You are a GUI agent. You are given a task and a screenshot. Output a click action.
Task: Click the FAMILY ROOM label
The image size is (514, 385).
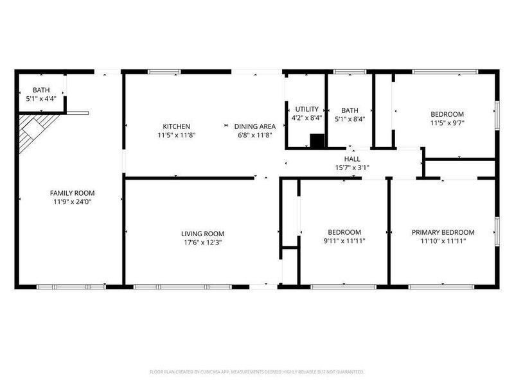[x=68, y=193]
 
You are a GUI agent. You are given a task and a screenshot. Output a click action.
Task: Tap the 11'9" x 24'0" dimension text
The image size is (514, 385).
[x=68, y=201]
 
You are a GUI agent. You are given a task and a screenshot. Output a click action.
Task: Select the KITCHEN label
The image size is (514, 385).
[x=176, y=126]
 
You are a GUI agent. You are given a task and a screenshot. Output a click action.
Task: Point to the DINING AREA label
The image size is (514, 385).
[x=255, y=126]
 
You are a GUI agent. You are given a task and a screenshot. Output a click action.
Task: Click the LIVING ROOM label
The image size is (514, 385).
[x=202, y=234]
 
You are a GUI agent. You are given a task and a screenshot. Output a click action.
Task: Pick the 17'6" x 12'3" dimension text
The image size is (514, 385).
[x=202, y=243]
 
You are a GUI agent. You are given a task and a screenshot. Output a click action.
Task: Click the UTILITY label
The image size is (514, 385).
[x=306, y=109]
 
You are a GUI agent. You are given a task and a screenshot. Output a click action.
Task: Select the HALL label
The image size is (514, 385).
[x=352, y=158]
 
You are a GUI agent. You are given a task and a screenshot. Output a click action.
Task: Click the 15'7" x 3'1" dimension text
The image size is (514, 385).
[x=352, y=167]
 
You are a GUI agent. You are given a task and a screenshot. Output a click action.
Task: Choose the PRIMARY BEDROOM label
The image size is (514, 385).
[x=443, y=232]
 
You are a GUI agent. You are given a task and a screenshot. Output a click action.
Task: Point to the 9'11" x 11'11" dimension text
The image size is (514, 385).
[x=344, y=241]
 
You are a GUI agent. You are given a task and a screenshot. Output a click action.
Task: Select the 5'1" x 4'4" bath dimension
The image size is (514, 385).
[x=42, y=99]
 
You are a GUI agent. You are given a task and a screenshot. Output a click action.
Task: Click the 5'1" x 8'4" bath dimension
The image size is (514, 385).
[x=350, y=118]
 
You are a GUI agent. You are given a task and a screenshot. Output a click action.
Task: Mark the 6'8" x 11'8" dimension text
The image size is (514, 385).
[x=255, y=135]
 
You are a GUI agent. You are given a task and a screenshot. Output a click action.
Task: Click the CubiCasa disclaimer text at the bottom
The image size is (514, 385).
[x=257, y=372]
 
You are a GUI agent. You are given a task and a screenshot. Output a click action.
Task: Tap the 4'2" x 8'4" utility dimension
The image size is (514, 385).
[x=306, y=118]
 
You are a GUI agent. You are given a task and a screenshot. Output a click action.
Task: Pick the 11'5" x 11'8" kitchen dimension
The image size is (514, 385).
[x=176, y=135]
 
